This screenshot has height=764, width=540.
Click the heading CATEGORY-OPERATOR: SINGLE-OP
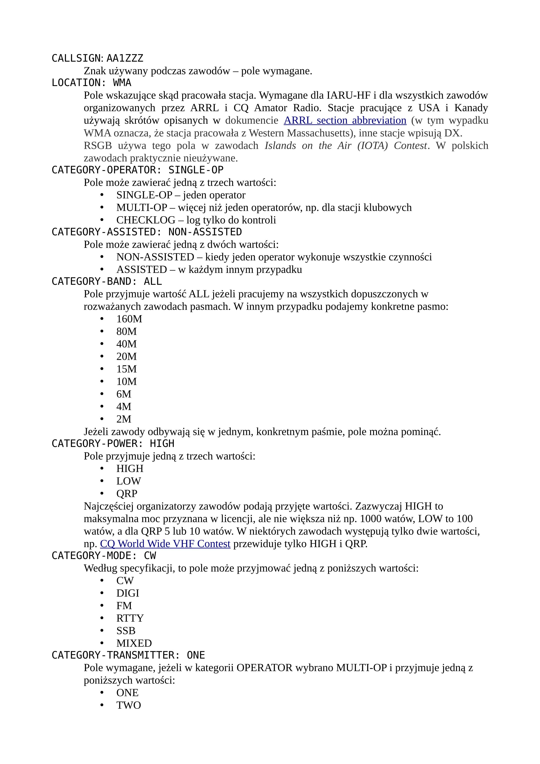[x=137, y=170]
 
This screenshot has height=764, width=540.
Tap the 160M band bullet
[x=129, y=319]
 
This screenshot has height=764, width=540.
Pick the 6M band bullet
[x=124, y=394]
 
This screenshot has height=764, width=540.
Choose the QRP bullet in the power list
[x=127, y=494]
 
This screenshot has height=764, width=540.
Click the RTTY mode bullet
[x=130, y=618]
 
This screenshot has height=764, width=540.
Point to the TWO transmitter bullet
[x=128, y=705]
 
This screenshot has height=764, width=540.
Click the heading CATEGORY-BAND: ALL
[x=106, y=282]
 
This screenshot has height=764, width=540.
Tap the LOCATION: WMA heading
[x=91, y=83]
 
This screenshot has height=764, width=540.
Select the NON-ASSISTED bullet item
[x=155, y=257]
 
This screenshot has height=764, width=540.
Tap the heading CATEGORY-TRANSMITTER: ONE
[x=128, y=656]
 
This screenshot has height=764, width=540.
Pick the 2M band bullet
[x=124, y=419]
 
